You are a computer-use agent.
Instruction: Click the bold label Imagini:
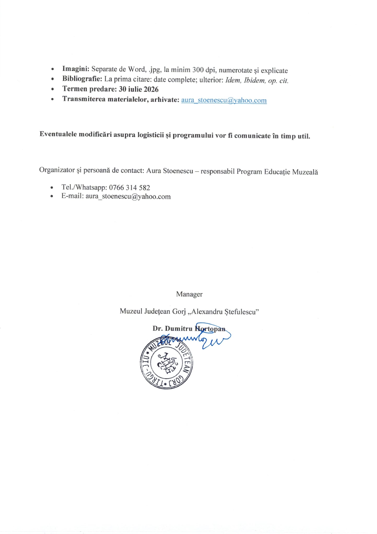point(76,69)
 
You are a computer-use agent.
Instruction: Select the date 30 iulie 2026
point(139,89)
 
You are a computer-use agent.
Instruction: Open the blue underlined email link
point(224,100)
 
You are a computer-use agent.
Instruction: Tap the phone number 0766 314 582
point(129,187)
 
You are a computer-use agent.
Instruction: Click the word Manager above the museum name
point(189,294)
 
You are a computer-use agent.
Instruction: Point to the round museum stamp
point(166,363)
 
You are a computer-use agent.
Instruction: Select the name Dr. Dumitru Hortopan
point(189,329)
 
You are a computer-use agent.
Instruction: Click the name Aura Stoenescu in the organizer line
point(170,171)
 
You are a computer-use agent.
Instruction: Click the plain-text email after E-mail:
point(128,196)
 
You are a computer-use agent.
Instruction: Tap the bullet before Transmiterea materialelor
point(53,99)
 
